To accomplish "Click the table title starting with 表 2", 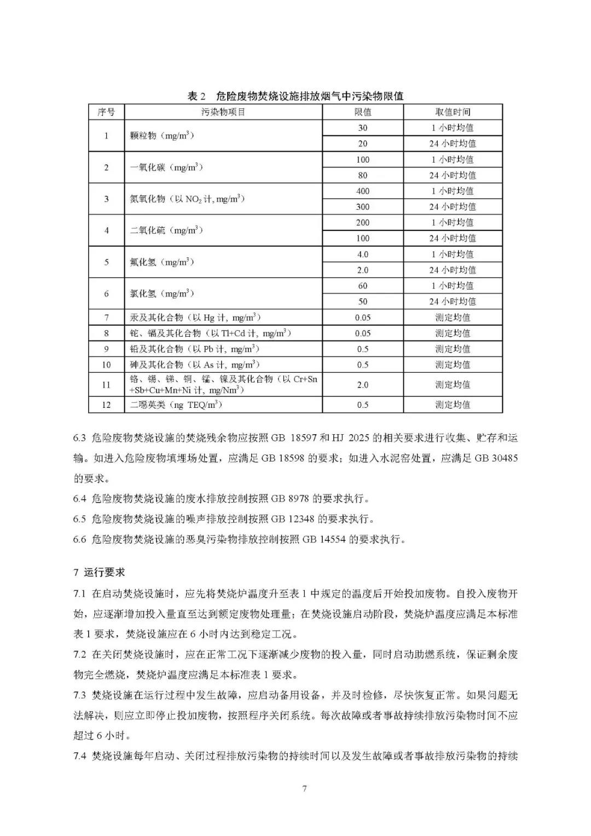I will [x=296, y=96].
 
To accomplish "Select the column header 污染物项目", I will [x=223, y=112].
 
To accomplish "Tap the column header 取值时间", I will [x=453, y=112].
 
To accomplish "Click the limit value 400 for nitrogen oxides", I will [x=363, y=191].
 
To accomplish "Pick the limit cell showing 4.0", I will [x=363, y=255].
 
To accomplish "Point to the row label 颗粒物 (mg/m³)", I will [x=162, y=135].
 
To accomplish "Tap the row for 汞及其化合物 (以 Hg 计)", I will [x=195, y=318].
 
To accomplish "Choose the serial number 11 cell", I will [x=106, y=385].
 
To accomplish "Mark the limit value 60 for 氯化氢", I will [x=363, y=286].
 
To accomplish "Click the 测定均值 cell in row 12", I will [x=453, y=405].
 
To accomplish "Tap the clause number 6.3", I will [x=80, y=438].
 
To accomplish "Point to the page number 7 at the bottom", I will [x=304, y=788].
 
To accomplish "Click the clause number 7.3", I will [x=80, y=695].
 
